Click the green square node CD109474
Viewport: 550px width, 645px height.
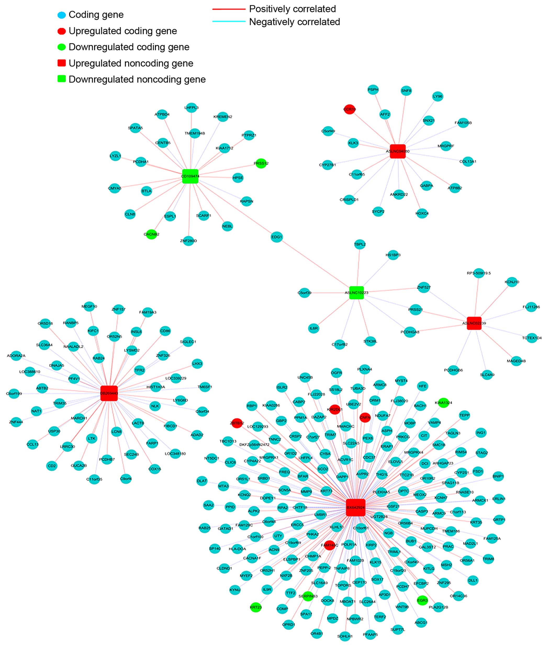click(190, 176)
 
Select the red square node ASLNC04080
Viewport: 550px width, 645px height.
click(397, 151)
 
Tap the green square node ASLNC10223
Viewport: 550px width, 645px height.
click(356, 293)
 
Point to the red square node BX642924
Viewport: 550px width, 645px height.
click(356, 507)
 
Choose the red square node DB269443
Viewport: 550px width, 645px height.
click(109, 393)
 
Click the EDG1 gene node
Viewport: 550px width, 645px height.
click(276, 237)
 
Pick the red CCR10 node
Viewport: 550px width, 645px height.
click(349, 109)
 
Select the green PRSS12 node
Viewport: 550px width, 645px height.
click(261, 163)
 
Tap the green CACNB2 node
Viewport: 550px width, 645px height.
click(151, 234)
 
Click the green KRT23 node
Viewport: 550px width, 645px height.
click(256, 607)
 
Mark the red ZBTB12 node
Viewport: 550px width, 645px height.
click(237, 423)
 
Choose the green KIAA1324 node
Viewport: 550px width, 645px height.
click(443, 402)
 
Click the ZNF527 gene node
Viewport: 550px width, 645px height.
click(423, 287)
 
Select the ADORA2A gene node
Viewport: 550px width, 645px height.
click(16, 356)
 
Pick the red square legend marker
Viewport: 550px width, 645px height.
click(62, 63)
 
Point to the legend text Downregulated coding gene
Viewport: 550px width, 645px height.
click(129, 47)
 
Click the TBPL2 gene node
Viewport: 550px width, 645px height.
click(360, 244)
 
